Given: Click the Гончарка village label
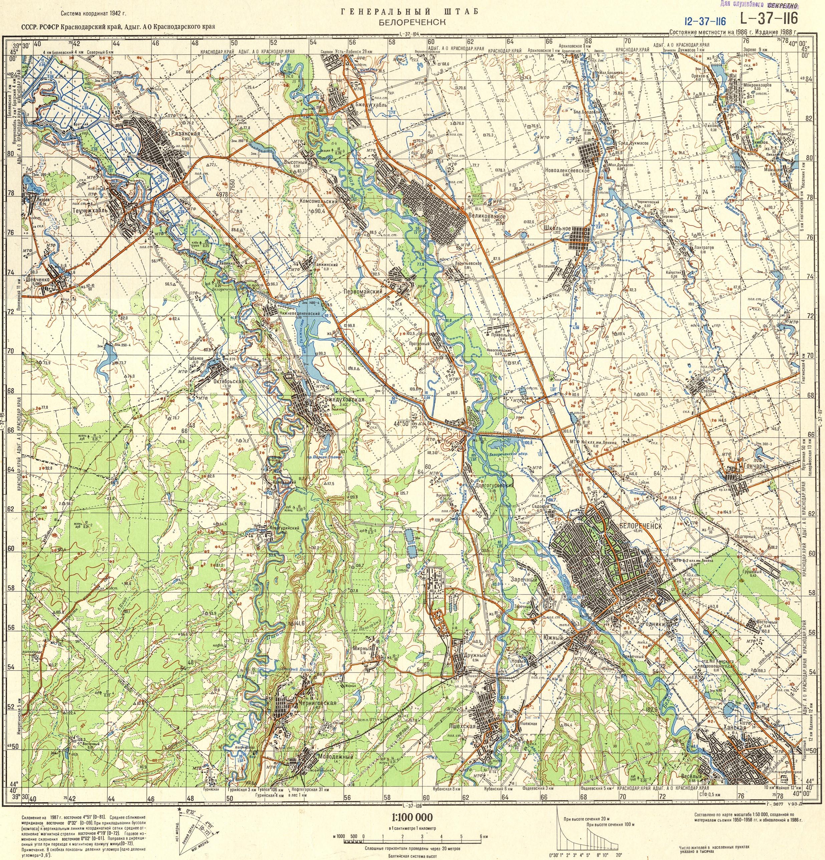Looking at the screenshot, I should pos(754,466).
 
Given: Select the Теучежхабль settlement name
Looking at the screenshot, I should pos(89,210).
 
